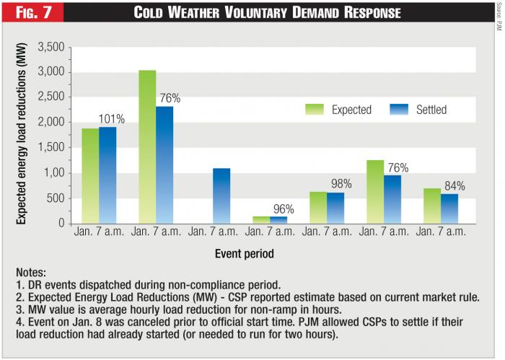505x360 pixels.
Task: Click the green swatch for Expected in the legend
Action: click(x=315, y=110)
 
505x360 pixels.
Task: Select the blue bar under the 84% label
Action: click(x=449, y=208)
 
